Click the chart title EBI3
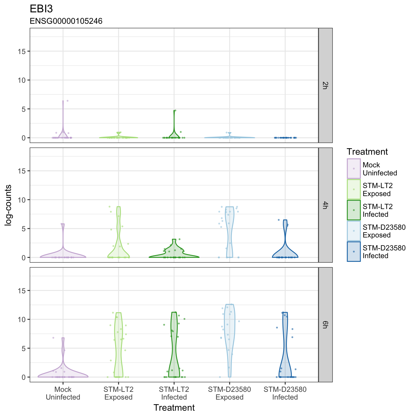[41, 9]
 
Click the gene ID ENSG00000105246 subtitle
[66, 21]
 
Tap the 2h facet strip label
[325, 86]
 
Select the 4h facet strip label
[325, 205]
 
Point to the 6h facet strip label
[325, 325]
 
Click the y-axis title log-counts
[8, 205]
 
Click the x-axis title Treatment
[174, 408]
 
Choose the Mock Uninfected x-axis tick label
[63, 393]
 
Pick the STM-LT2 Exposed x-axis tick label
[119, 393]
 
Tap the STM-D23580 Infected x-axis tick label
[285, 393]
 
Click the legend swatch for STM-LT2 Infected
[354, 210]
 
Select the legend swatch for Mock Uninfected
[354, 169]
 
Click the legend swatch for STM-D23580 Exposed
[354, 231]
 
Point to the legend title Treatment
[367, 152]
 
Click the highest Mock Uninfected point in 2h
[67, 101]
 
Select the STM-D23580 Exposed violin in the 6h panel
[229, 341]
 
